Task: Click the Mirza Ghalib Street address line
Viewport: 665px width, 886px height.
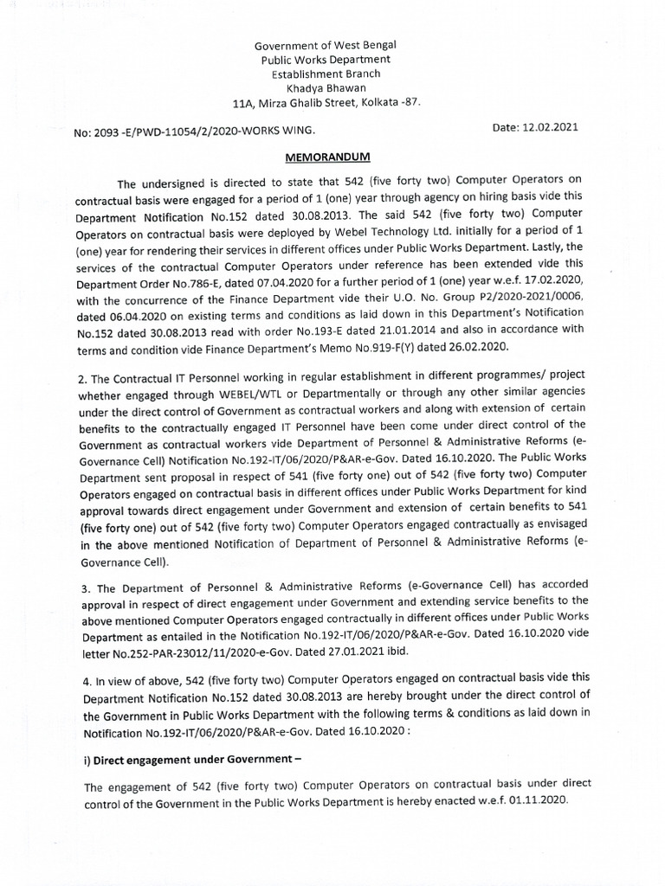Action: pos(327,102)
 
